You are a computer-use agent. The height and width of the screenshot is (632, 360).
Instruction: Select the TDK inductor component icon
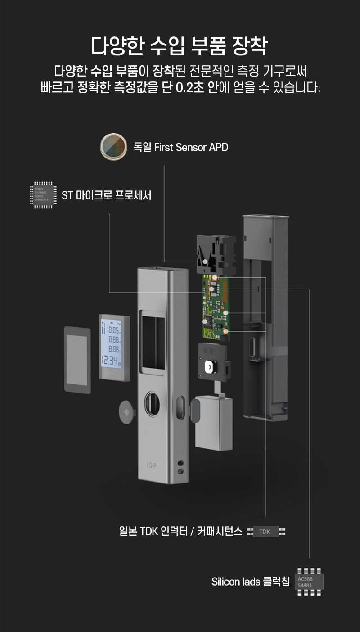pos(266,532)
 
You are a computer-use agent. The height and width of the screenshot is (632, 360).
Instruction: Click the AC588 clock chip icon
pos(309,581)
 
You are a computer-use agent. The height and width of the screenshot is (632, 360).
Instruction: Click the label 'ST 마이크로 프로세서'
pos(106,196)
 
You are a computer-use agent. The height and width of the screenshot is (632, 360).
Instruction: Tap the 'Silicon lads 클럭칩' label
pos(251,582)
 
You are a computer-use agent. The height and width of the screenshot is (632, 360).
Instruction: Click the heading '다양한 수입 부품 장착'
pos(180,46)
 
